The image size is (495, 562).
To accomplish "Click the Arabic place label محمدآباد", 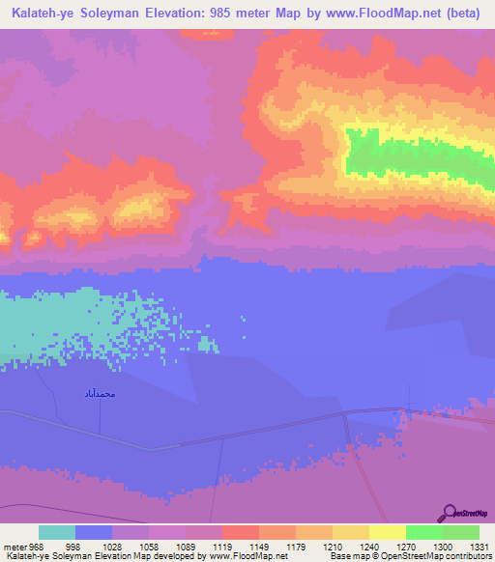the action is pyautogui.click(x=99, y=394).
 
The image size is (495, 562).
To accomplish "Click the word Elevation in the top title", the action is pyautogui.click(x=182, y=14).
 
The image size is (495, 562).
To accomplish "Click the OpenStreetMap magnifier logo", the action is pyautogui.click(x=450, y=512).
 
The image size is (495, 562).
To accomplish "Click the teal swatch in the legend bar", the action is pyautogui.click(x=57, y=532).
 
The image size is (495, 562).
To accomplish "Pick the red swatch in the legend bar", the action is pyautogui.click(x=240, y=532).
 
